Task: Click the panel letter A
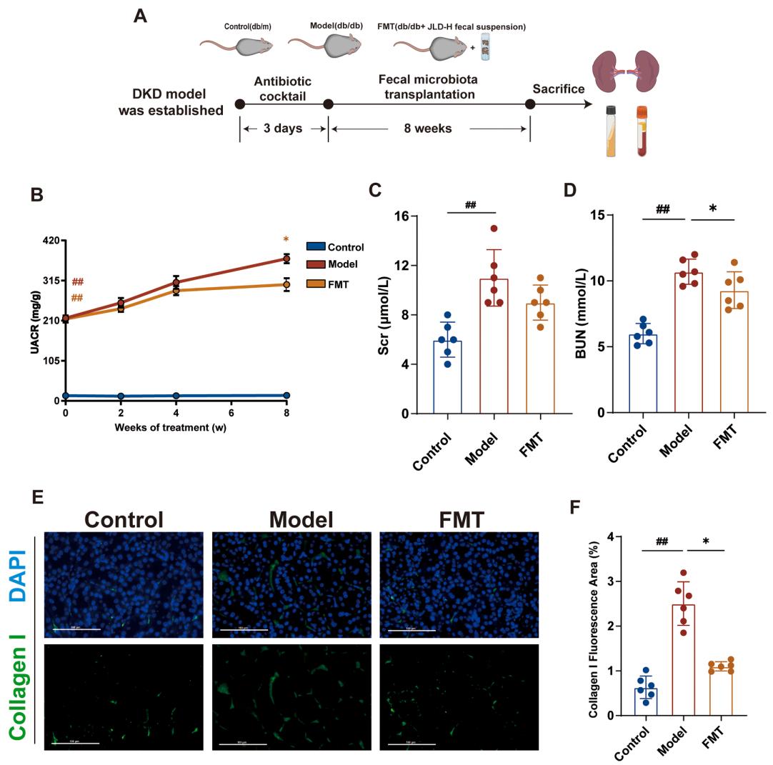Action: [x=141, y=16]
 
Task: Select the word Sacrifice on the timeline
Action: [x=559, y=89]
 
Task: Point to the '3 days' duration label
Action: [x=283, y=129]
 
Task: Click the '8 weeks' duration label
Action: [x=428, y=129]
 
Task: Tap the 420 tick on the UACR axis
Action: [x=49, y=241]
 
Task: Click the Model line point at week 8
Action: [x=286, y=259]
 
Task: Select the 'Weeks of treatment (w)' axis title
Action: [x=171, y=427]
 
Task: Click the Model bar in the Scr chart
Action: [x=494, y=346]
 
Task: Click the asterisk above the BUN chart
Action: [x=713, y=209]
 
